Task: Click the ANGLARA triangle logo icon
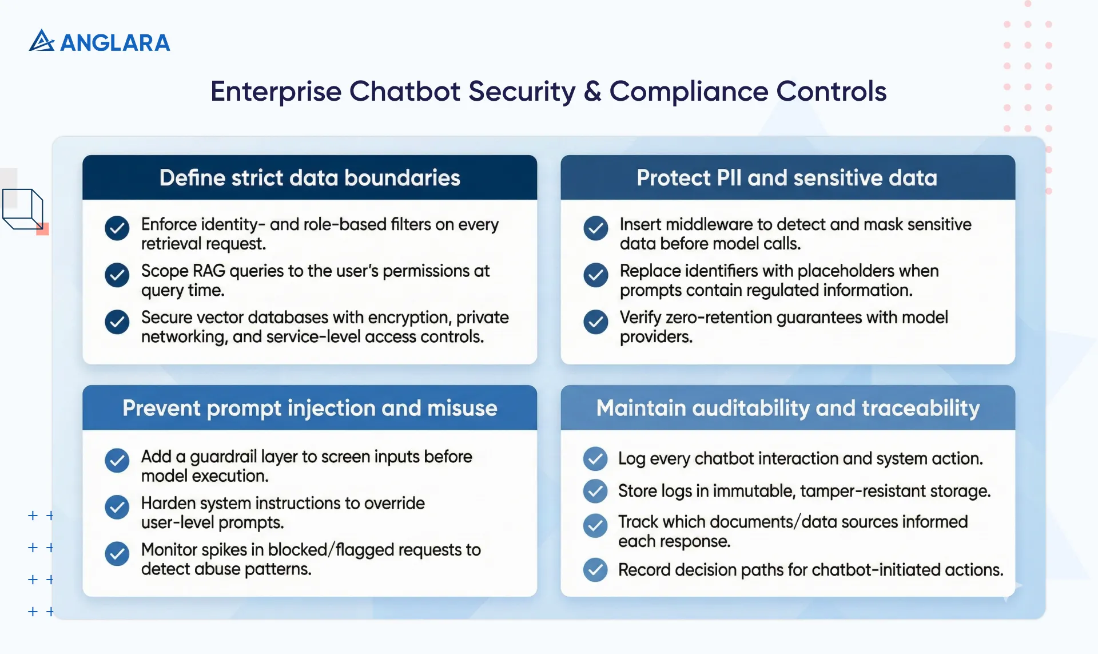click(41, 41)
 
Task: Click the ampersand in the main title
click(592, 92)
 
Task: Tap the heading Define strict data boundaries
click(309, 178)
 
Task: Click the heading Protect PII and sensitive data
click(787, 178)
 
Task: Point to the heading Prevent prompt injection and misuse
click(309, 408)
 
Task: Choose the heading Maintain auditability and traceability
click(787, 408)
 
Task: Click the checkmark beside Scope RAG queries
click(117, 275)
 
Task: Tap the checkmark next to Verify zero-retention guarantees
click(595, 322)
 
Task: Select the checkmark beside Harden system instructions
click(117, 507)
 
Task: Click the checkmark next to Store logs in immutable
click(595, 491)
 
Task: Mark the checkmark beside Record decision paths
click(595, 570)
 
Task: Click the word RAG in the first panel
click(209, 271)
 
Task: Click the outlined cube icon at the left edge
click(23, 209)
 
